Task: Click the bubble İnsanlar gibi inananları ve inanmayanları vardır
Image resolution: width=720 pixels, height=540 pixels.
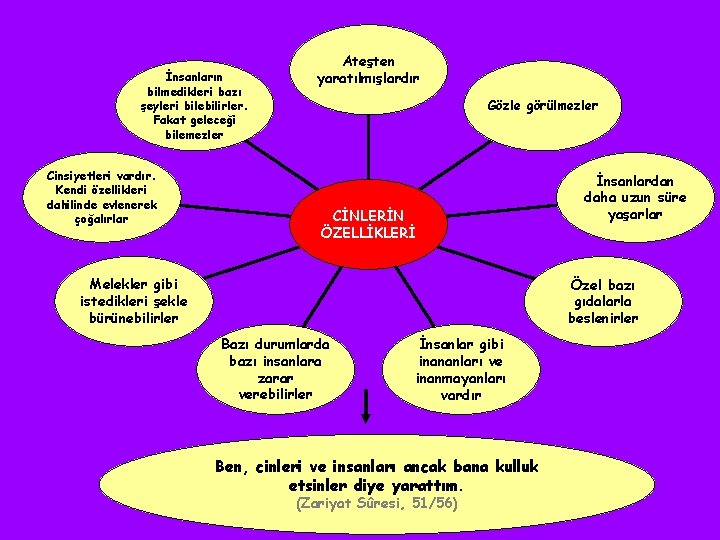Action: point(460,367)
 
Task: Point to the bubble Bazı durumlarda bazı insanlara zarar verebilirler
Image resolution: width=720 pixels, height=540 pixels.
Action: point(275,367)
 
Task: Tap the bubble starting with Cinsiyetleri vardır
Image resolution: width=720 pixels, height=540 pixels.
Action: point(92,197)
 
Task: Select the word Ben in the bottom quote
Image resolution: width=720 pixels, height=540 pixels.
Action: point(231,466)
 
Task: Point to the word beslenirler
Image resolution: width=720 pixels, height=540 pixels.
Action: point(604,319)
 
